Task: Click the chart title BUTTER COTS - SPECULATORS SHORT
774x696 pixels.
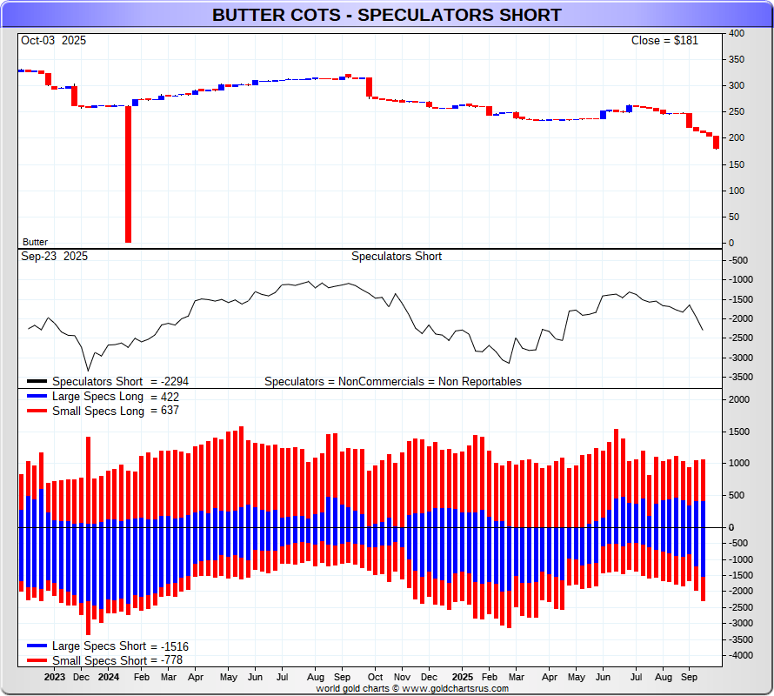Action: (387, 16)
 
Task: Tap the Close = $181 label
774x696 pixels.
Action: (664, 40)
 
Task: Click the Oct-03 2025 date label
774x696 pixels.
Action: (53, 40)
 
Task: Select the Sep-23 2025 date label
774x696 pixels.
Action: (53, 256)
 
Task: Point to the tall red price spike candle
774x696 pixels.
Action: (128, 174)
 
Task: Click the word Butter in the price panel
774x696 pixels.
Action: (35, 242)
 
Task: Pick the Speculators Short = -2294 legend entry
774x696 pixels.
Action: (120, 381)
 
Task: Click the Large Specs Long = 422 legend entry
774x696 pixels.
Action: (116, 397)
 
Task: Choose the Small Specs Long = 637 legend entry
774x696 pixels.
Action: (116, 411)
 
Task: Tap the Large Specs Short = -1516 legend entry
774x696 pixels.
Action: (120, 646)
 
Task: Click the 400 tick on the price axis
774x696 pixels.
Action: (737, 33)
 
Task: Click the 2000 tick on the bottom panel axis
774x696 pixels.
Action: (739, 400)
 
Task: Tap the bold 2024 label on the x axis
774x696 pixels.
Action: (108, 676)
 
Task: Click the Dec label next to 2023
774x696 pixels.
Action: (81, 676)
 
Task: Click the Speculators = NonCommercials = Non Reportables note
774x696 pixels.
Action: (393, 381)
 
